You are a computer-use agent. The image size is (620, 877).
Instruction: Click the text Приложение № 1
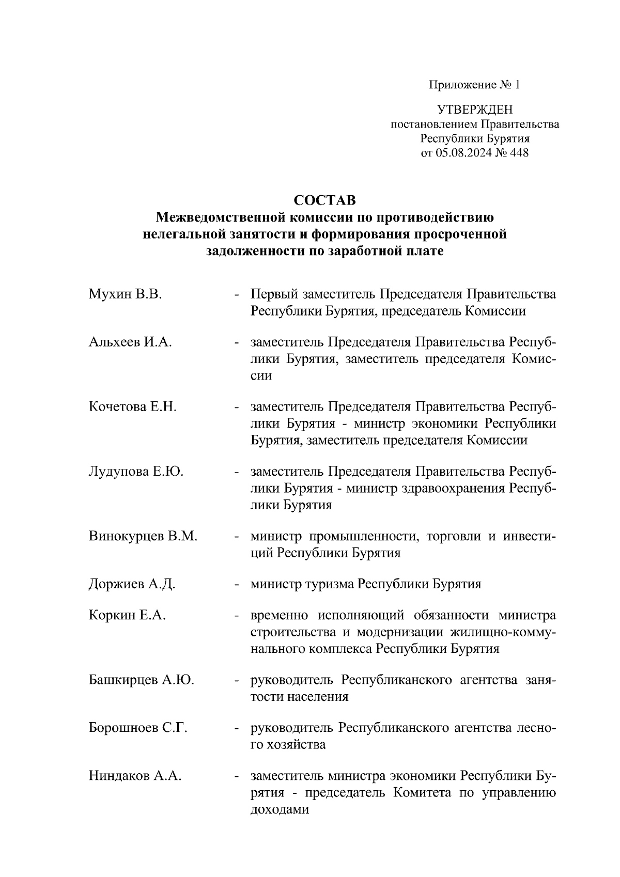click(x=474, y=85)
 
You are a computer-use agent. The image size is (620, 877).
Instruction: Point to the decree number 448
click(x=519, y=153)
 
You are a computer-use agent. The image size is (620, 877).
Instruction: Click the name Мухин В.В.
click(x=125, y=295)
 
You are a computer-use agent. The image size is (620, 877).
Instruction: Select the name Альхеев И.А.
click(x=130, y=342)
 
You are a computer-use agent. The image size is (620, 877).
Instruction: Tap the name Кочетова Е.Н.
click(x=133, y=407)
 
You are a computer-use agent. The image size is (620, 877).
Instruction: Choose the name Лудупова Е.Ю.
click(x=136, y=472)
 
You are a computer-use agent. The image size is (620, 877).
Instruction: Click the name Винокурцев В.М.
click(x=143, y=536)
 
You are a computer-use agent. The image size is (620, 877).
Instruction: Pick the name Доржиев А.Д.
click(x=132, y=584)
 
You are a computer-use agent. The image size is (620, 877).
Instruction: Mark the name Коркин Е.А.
click(x=127, y=616)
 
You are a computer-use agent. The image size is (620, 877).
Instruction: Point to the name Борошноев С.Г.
click(x=138, y=728)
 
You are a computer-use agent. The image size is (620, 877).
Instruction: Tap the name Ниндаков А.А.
click(x=135, y=776)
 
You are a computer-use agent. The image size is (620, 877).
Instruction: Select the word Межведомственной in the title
click(x=221, y=217)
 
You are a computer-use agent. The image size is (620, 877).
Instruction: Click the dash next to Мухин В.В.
click(x=237, y=295)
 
